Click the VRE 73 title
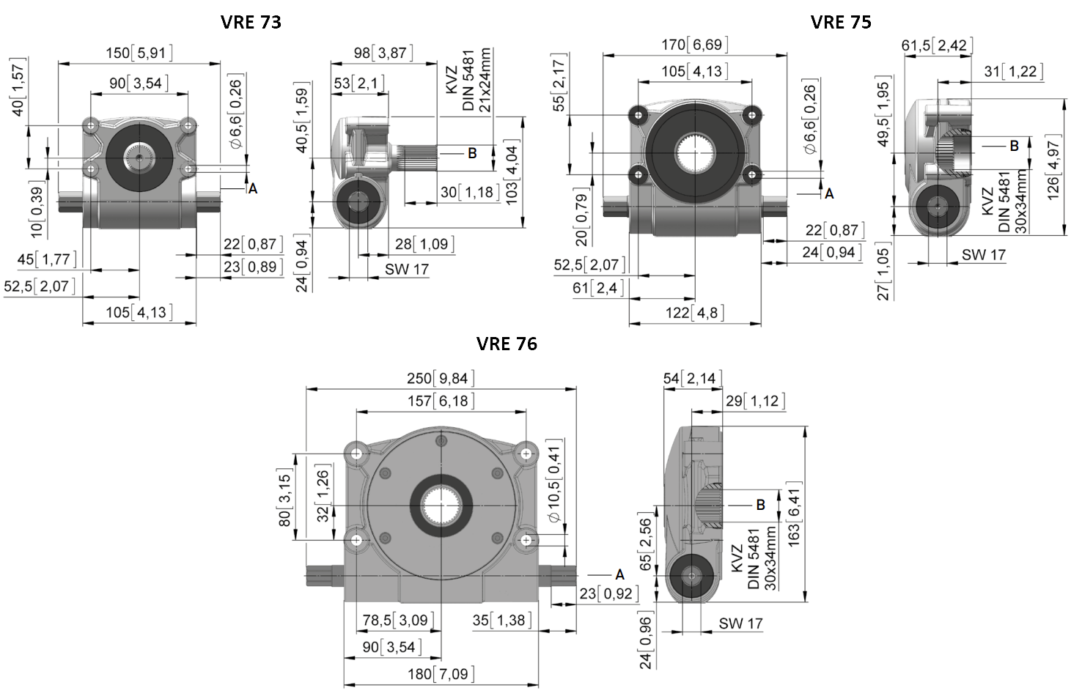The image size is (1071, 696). tap(251, 22)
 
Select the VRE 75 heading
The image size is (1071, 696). tap(841, 22)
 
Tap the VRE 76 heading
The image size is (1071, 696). tap(507, 344)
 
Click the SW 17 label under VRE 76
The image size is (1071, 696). tap(740, 623)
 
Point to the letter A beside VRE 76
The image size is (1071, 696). tap(619, 574)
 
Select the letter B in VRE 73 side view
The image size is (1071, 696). tap(472, 153)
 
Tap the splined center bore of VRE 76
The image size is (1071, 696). tap(441, 506)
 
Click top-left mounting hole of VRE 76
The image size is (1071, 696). tap(357, 453)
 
